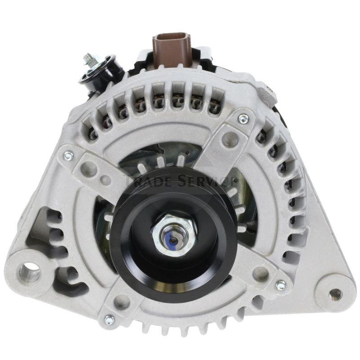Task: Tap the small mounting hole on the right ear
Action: pyautogui.click(x=334, y=294)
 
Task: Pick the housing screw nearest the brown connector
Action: pyautogui.click(x=243, y=119)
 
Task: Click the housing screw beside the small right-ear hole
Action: pyautogui.click(x=280, y=285)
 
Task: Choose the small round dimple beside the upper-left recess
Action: pyautogui.click(x=107, y=180)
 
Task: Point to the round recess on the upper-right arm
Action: pyautogui.click(x=229, y=135)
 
